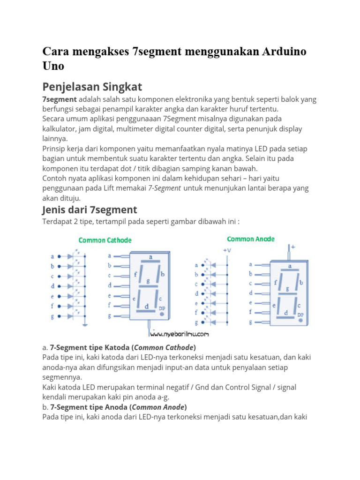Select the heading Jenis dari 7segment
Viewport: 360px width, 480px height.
tap(90, 209)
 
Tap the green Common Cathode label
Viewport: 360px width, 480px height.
tap(105, 240)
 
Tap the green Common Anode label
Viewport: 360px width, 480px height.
tap(251, 239)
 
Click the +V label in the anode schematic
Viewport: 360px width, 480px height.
tap(227, 251)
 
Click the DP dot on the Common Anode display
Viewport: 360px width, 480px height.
tap(300, 320)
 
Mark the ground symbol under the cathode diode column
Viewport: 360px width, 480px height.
tap(85, 324)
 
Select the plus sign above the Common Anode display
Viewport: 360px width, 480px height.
tap(293, 246)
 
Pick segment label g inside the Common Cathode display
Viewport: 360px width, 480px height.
tap(148, 281)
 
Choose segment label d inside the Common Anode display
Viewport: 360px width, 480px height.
tap(285, 313)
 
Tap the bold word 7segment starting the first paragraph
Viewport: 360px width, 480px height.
tap(60, 99)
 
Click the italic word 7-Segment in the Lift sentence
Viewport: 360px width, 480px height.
tap(165, 188)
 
